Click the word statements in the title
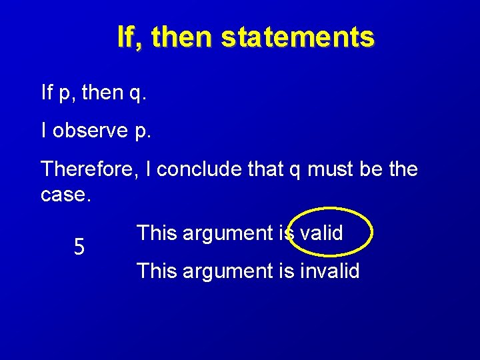[x=297, y=37]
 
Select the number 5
[x=79, y=248]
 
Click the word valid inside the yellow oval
[x=321, y=233]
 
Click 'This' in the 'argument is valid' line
[x=156, y=233]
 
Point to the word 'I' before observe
[x=44, y=131]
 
